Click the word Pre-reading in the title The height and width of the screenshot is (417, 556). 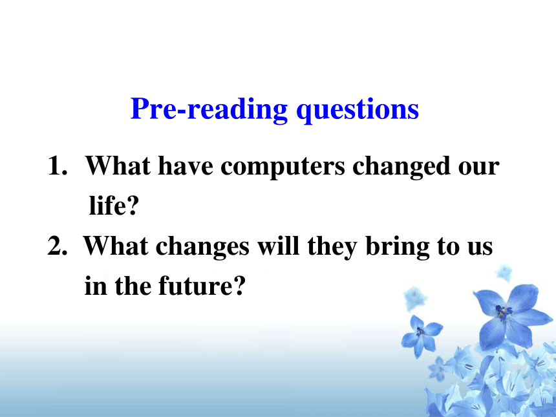pos(209,109)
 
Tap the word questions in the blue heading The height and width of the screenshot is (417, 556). pos(358,111)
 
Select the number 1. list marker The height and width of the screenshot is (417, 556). pos(58,166)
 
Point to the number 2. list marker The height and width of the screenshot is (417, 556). pos(58,246)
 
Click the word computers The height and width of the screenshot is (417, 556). pos(283,167)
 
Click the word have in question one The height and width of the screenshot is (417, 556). pos(185,166)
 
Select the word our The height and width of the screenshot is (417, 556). pos(478,167)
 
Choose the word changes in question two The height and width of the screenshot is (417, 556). pos(202,247)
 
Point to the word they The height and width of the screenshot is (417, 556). pos(332,247)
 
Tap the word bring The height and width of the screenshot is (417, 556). pos(398,247)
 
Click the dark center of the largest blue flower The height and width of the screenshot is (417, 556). pos(503,312)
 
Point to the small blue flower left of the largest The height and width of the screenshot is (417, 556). pos(422,334)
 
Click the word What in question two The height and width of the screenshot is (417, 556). pos(116,246)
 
